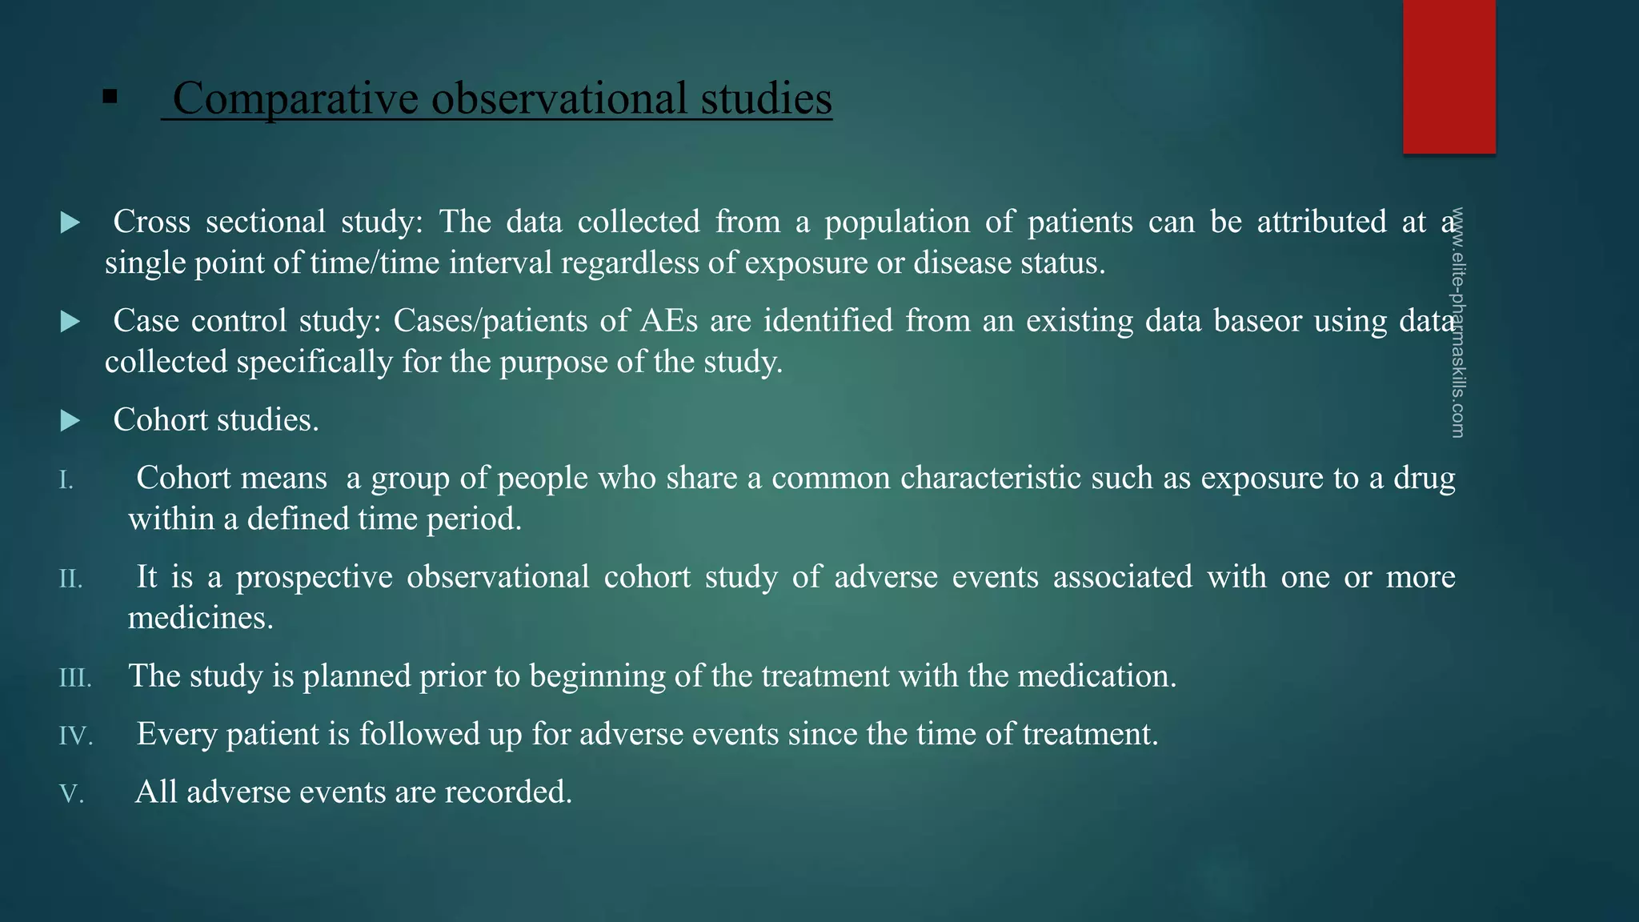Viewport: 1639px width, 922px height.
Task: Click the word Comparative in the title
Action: point(295,98)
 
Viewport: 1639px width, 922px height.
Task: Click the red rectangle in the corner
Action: point(1449,76)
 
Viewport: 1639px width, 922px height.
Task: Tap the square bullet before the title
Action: point(110,98)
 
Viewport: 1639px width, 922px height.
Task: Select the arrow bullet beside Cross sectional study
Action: point(70,222)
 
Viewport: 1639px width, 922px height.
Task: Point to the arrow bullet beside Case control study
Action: point(70,322)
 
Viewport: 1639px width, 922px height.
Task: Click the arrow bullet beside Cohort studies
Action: point(70,421)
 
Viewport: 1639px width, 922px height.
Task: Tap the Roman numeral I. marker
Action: point(66,480)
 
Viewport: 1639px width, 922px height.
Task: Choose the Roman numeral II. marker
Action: point(70,579)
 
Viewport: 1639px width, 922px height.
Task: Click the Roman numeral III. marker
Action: point(75,678)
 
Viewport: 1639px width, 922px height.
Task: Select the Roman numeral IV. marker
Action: point(76,736)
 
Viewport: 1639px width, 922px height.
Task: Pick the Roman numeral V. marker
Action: point(71,794)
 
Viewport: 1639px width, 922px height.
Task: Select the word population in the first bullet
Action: point(897,222)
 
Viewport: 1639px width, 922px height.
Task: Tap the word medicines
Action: point(200,618)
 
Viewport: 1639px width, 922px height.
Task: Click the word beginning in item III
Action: point(597,677)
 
